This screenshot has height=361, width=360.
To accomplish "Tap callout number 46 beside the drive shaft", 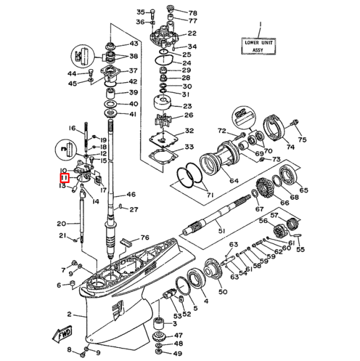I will pyautogui.click(x=131, y=195).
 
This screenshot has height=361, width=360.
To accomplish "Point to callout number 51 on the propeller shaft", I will pyautogui.click(x=220, y=231).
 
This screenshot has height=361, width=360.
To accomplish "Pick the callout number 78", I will pyautogui.click(x=192, y=13).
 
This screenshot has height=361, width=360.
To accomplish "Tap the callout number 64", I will pyautogui.click(x=234, y=180).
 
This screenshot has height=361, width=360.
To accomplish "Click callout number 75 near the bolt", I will pyautogui.click(x=302, y=140).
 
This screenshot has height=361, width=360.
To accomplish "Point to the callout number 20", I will pyautogui.click(x=61, y=223).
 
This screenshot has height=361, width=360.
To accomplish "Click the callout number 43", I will pyautogui.click(x=134, y=44).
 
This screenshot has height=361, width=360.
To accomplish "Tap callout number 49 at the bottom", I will pyautogui.click(x=178, y=352).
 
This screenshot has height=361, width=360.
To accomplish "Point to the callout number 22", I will pyautogui.click(x=192, y=34).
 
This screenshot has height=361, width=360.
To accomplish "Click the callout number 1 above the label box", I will pyautogui.click(x=261, y=26).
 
